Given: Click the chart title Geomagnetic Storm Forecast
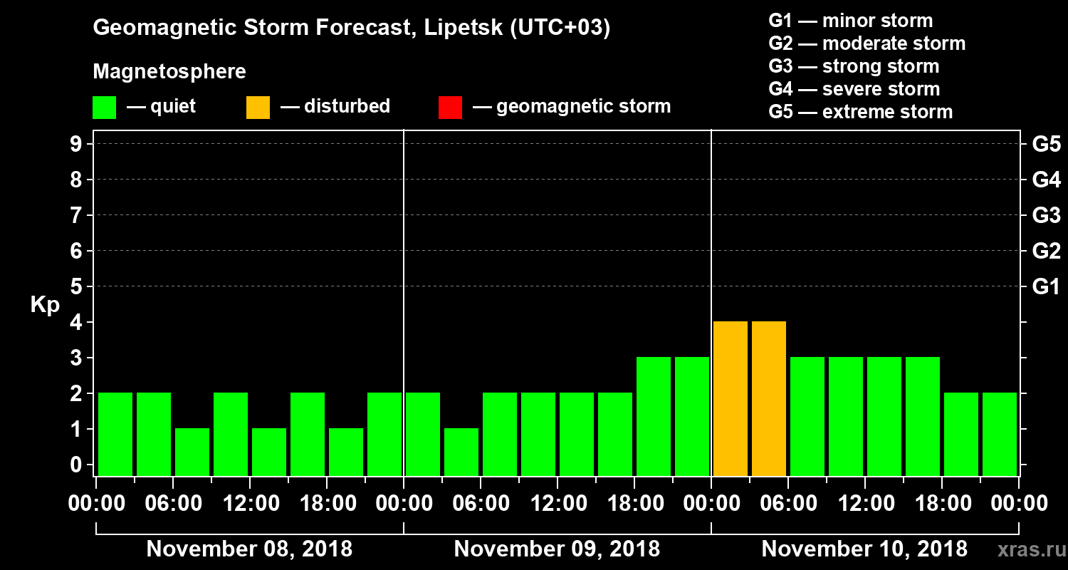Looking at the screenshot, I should pos(352,28).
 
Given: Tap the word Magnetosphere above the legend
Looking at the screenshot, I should pos(169,72).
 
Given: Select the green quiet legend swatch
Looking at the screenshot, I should pos(104,107).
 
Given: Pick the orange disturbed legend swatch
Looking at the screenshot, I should pos(258,107).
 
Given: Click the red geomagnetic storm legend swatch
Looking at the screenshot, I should pos(450,107).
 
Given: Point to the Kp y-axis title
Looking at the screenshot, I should pos(45,305).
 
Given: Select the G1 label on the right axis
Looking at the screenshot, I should pos(1046,287).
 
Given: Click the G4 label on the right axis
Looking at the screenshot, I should pos(1046,180).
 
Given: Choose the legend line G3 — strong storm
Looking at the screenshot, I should pos(854,66).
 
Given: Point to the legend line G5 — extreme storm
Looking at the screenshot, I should pos(860,112).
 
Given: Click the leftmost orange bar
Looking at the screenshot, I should pos(731,398).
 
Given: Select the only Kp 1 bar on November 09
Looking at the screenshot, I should pos(461,452).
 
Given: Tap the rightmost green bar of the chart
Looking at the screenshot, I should pos(1000,434).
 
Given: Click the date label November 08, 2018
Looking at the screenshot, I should pos(249,549).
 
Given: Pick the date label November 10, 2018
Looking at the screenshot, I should pos(864,549).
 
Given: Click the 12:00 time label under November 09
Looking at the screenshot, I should pos(559,504).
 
